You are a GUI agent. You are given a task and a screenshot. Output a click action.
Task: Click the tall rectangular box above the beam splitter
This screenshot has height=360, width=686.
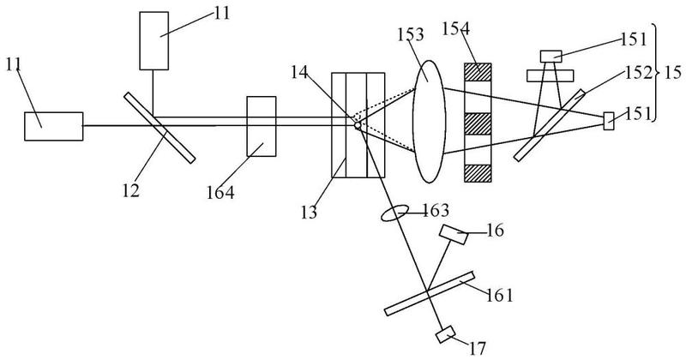(x=154, y=40)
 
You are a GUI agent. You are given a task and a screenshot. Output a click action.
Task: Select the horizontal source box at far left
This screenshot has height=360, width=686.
(x=53, y=126)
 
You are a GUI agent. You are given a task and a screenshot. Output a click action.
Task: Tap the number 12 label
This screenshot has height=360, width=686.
(x=130, y=190)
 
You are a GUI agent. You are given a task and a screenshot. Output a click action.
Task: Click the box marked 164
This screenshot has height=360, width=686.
(x=262, y=126)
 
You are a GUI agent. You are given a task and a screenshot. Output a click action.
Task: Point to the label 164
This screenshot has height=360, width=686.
(x=220, y=193)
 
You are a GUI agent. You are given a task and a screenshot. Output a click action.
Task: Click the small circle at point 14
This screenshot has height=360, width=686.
(x=358, y=125)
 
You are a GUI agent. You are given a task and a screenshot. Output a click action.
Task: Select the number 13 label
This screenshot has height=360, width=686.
(x=309, y=213)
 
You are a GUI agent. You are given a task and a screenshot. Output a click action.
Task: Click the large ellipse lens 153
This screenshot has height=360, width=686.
(x=429, y=121)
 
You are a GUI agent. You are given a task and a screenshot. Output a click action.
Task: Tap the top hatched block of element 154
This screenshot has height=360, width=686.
(x=478, y=72)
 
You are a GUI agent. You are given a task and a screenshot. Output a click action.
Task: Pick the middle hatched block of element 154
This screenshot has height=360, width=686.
(x=478, y=123)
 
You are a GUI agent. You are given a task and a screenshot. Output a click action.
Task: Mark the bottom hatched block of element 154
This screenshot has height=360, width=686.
(x=478, y=173)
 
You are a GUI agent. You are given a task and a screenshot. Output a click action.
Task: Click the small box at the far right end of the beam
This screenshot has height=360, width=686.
(x=609, y=121)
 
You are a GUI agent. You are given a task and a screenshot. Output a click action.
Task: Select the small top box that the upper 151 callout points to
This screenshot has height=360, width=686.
(x=551, y=57)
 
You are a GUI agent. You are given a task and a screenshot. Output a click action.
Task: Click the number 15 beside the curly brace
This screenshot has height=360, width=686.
(x=672, y=73)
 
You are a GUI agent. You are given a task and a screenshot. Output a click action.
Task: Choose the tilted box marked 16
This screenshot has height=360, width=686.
(x=454, y=235)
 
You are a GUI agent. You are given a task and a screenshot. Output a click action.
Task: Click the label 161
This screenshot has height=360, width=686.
(x=499, y=295)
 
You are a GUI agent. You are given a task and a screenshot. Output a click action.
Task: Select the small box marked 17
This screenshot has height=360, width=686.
(x=445, y=335)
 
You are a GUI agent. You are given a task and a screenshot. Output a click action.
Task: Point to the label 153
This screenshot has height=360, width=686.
(x=411, y=34)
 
